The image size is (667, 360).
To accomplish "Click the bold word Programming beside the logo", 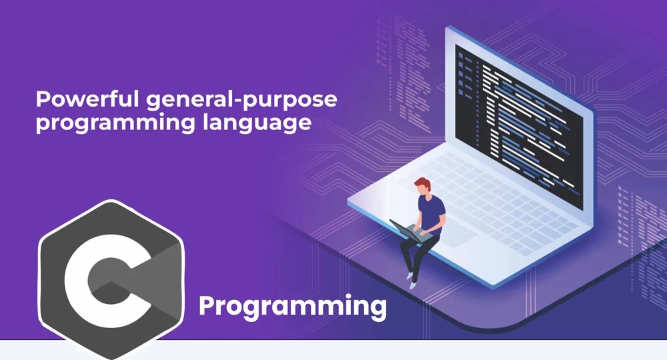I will click(x=293, y=307).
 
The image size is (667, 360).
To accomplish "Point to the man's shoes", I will click(x=411, y=283).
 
